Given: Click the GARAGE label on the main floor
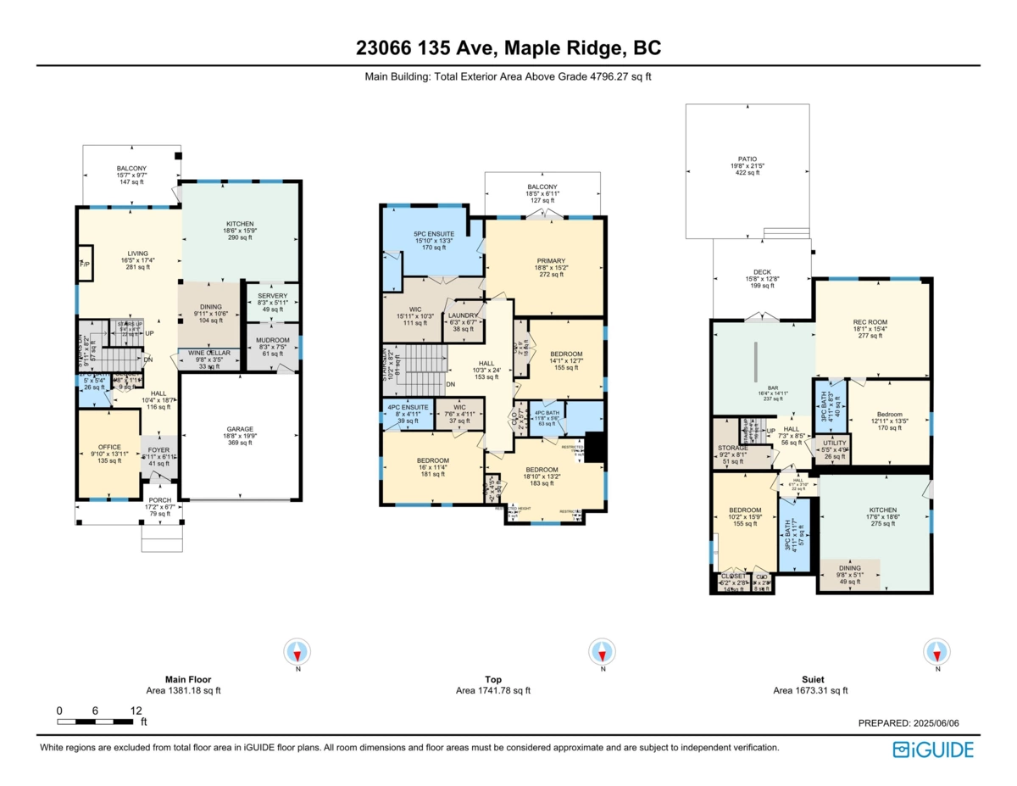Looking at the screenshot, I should pos(240,429).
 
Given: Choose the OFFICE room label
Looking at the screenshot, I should pos(109,447).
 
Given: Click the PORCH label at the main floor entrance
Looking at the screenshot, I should pos(160,500).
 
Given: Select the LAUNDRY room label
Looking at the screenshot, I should pos(463,315).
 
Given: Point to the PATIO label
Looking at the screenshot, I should pos(747,159).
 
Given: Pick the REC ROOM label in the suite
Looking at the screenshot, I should pos(870,322).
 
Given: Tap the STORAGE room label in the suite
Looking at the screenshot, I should pos(733,448).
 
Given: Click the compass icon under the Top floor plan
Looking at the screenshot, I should pos(602,651).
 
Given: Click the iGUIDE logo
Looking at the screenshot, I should pos(933,750).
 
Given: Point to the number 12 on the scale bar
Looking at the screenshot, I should pos(136,711).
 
